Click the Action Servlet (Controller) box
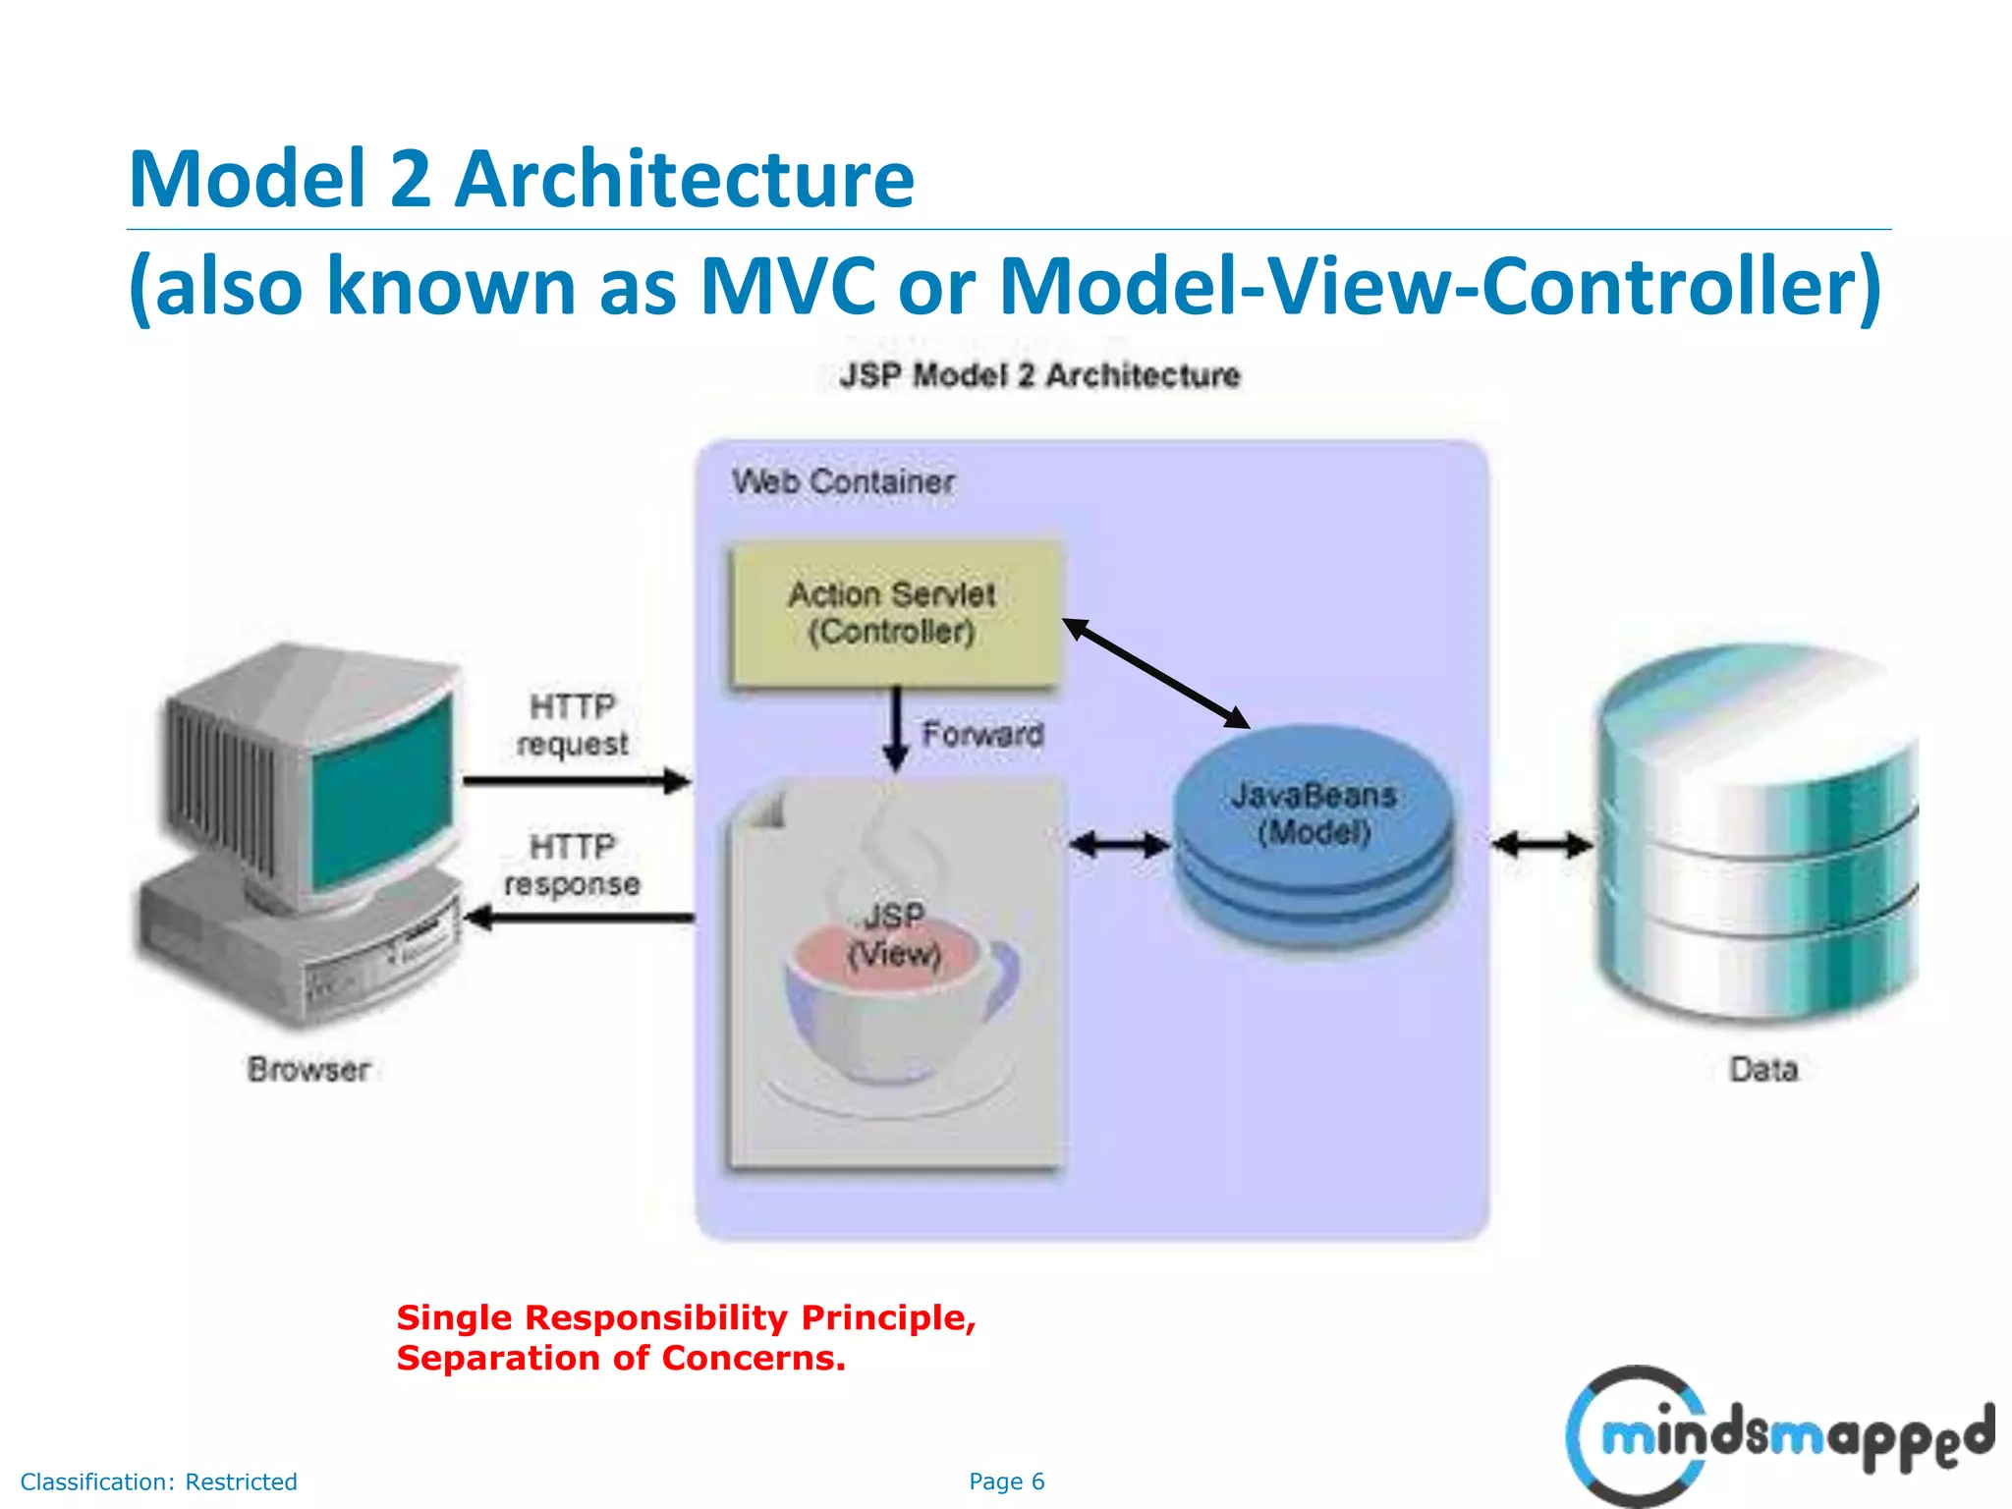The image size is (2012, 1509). tap(894, 613)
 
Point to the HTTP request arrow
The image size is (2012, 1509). tap(577, 782)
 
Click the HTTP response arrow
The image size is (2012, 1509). tap(580, 919)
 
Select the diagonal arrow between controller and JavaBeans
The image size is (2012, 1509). tap(1156, 674)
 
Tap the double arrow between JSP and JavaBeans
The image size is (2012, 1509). tap(1119, 844)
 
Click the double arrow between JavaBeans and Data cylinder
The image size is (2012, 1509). tap(1541, 844)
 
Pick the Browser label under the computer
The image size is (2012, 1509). tap(308, 1069)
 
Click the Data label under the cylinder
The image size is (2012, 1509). tap(1763, 1069)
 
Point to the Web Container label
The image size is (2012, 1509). tap(843, 482)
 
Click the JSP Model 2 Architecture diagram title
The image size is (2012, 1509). tap(1039, 375)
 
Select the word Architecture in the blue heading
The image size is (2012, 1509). tap(684, 179)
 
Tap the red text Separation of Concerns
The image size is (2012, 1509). tap(621, 1359)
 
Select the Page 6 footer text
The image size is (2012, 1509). tap(1006, 1481)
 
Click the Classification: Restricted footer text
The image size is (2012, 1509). tap(159, 1481)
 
